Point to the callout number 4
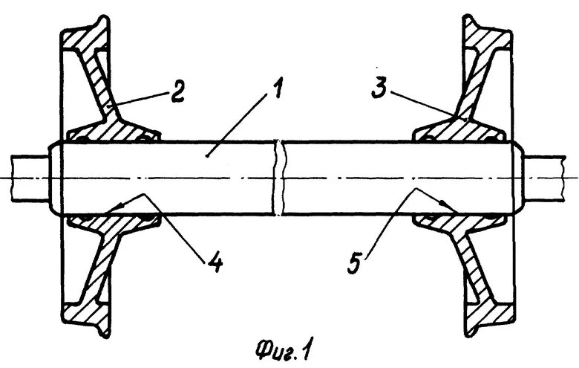[x=215, y=261]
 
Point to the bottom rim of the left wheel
[x=83, y=320]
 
